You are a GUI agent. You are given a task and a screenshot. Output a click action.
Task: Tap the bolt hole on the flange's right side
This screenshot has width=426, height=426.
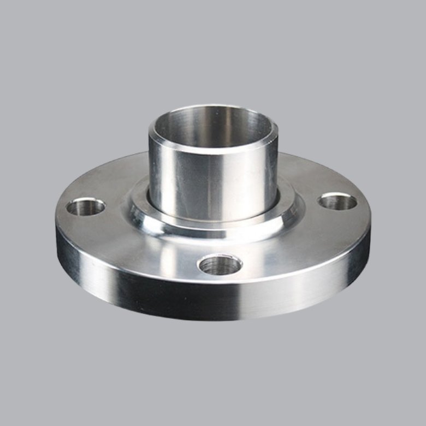point(337,202)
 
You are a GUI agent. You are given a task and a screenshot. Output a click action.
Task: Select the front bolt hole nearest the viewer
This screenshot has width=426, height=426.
point(220,265)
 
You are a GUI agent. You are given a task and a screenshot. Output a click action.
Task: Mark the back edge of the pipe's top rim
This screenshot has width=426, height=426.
point(213,106)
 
